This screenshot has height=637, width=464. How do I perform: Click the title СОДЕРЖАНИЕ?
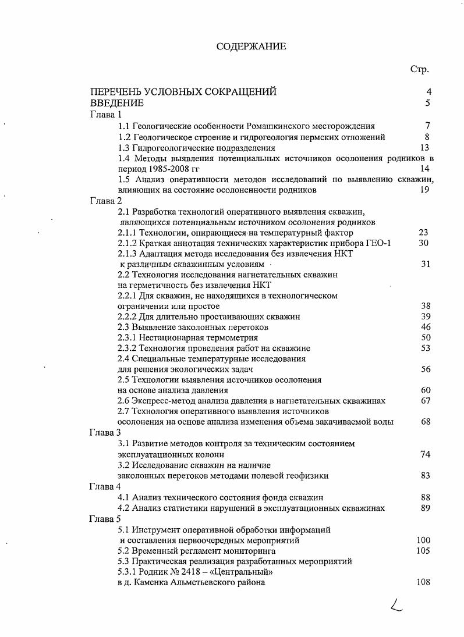tap(251, 47)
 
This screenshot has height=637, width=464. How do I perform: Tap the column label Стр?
tap(419, 69)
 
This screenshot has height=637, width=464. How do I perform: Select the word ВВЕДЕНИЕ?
tap(116, 103)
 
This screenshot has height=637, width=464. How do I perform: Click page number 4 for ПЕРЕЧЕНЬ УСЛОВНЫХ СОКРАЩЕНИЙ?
tap(428, 91)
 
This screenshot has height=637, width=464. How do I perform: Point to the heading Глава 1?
tap(105, 115)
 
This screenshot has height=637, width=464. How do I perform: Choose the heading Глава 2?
tap(105, 201)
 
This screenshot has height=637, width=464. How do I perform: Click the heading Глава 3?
tap(105, 432)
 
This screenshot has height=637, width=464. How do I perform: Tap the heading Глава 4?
tap(105, 486)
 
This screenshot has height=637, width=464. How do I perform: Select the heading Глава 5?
tap(105, 518)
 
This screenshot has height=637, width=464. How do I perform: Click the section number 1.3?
tap(124, 148)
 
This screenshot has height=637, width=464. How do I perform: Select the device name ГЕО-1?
tap(379, 243)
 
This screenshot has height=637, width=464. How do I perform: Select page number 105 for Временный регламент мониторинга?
tap(423, 550)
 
